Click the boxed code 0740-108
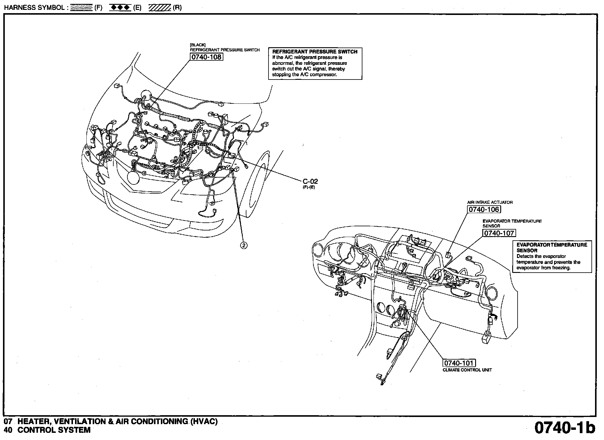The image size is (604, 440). click(206, 57)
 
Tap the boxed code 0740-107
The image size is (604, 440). click(499, 233)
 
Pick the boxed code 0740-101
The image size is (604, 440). click(459, 363)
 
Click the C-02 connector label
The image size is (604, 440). click(310, 181)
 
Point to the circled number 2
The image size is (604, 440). click(244, 245)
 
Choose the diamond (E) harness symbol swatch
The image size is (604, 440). click(120, 8)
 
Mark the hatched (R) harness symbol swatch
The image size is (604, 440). click(160, 8)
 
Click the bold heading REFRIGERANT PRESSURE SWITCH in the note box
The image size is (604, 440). click(315, 52)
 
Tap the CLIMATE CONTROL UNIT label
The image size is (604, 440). click(467, 370)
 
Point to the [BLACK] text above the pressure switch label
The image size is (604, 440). click(198, 45)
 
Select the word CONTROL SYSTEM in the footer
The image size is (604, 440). click(54, 430)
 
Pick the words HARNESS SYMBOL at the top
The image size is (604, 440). click(35, 8)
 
